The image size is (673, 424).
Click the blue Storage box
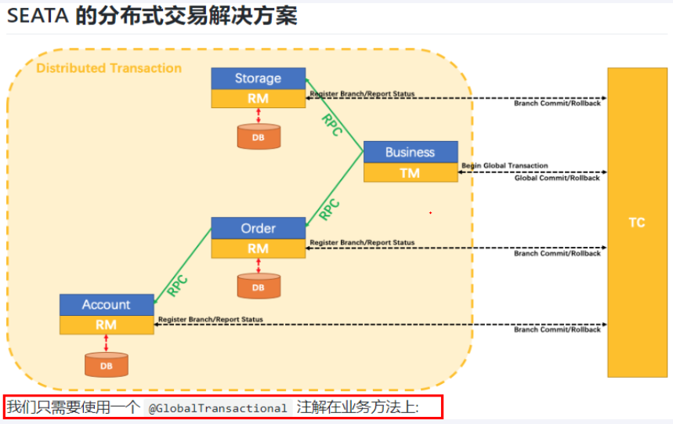[x=258, y=78]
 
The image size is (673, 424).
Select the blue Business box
[x=410, y=152]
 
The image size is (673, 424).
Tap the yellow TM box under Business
[x=410, y=172]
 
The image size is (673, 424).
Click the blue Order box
[x=258, y=228]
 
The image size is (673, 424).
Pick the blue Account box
[x=107, y=304]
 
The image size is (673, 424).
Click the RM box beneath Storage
[x=258, y=99]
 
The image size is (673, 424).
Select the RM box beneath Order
[x=258, y=248]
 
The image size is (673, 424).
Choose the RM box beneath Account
[x=107, y=324]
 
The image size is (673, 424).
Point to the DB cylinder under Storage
[x=259, y=136]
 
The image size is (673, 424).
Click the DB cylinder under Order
[x=259, y=287]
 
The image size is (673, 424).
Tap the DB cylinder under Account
[x=106, y=365]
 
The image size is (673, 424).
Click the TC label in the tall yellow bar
[x=636, y=223]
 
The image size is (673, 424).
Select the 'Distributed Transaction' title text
[x=109, y=68]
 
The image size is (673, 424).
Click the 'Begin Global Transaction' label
[x=505, y=166]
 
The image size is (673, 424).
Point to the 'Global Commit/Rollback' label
[x=557, y=178]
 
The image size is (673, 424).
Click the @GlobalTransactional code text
[x=219, y=408]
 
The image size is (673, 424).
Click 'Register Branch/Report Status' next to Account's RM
[x=211, y=319]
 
